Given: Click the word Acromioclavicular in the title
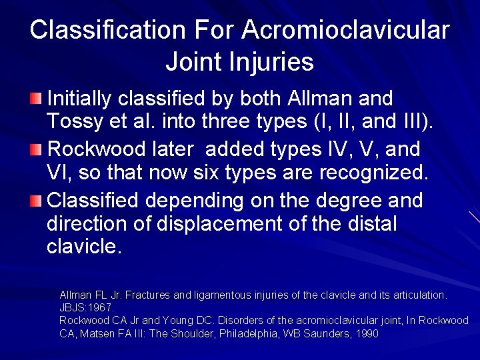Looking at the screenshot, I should pos(346,30).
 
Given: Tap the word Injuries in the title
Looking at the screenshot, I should pos(273,62).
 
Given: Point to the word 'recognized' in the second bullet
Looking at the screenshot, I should pos(369,173).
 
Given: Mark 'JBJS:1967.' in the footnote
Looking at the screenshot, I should pos(87,307).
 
